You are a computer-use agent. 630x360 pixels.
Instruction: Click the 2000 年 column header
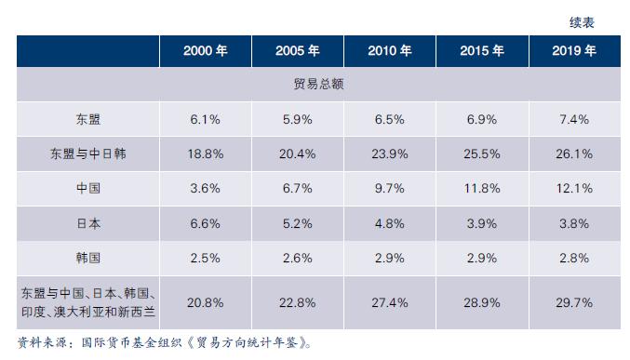click(204, 51)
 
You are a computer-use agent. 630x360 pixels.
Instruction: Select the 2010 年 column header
click(389, 51)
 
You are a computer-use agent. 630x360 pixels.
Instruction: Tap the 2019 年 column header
click(573, 51)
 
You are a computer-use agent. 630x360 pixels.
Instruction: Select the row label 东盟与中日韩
click(87, 153)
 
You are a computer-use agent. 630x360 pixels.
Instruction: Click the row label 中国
click(87, 188)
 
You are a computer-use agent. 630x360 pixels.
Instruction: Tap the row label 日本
click(87, 222)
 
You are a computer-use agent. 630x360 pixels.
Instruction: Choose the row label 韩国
click(87, 257)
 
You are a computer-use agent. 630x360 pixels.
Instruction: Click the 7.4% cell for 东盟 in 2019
click(573, 119)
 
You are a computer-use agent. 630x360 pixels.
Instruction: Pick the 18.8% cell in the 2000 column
click(204, 153)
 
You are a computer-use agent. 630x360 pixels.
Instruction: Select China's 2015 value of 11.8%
click(481, 188)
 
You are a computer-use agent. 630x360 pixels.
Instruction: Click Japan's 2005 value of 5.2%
click(296, 222)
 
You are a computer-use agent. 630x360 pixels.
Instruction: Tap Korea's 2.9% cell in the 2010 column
click(389, 257)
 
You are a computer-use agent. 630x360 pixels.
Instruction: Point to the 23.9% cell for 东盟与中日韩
click(389, 153)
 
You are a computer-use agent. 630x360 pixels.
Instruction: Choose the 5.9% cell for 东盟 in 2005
click(296, 119)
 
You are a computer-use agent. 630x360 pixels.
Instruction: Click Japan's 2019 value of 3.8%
click(573, 222)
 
